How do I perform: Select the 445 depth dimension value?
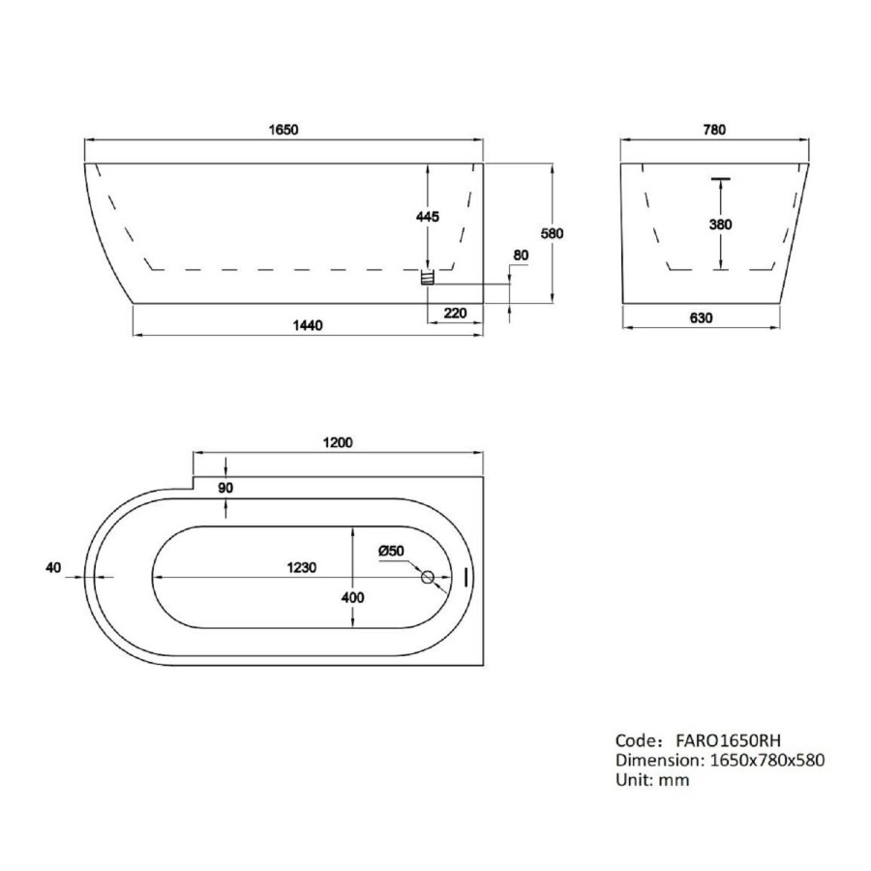coord(427,217)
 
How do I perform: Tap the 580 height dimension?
coord(552,233)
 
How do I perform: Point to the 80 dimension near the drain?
coord(522,255)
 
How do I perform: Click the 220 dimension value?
coord(455,312)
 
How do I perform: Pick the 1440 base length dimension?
coord(307,326)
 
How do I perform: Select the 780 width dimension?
coord(713,130)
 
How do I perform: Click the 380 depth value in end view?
coord(720,225)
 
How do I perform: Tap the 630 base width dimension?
coord(701,317)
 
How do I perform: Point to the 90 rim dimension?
coord(225,488)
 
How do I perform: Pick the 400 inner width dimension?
coord(352,598)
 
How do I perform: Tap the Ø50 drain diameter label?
coord(391,551)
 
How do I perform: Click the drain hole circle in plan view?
coord(427,578)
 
